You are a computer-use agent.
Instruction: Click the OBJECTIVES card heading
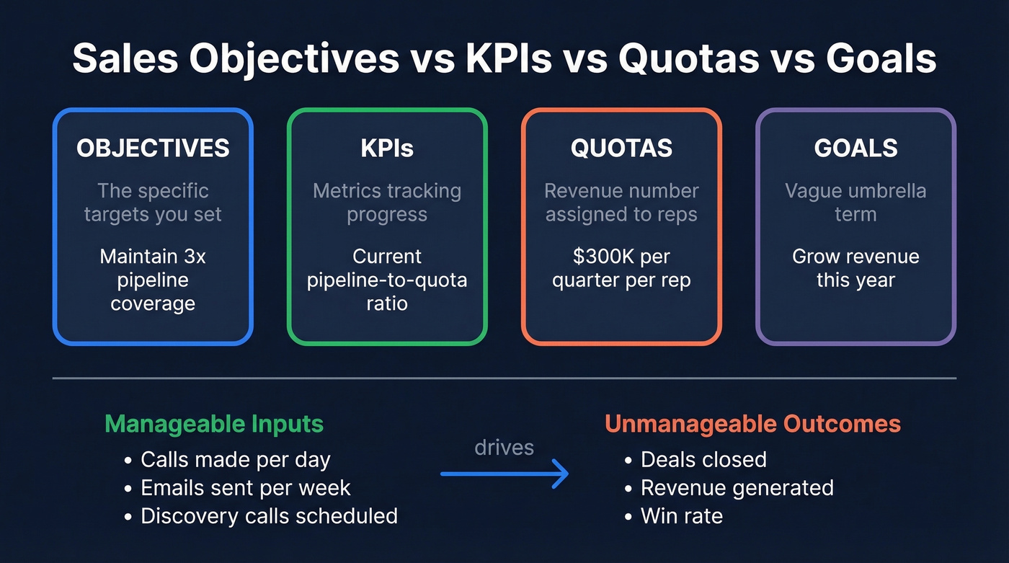click(x=153, y=148)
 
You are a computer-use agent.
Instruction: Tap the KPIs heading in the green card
click(x=387, y=148)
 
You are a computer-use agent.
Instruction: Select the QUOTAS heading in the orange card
click(x=621, y=148)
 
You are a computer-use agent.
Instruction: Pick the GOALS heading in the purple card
click(x=855, y=148)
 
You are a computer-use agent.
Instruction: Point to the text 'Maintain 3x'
click(x=153, y=257)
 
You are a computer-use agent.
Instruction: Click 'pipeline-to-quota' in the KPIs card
click(x=387, y=280)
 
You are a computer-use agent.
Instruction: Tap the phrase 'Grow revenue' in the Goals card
click(x=855, y=257)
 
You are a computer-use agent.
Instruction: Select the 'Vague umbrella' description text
click(x=855, y=191)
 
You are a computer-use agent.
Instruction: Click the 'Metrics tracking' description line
click(x=387, y=191)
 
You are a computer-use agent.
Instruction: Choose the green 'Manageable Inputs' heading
click(x=214, y=423)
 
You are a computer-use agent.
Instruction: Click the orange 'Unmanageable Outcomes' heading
click(x=752, y=423)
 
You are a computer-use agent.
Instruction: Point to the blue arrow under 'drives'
click(x=504, y=474)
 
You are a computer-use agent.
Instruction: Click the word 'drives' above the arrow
click(x=504, y=448)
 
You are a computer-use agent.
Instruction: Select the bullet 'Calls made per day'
click(x=235, y=459)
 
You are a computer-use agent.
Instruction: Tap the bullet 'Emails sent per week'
click(x=245, y=488)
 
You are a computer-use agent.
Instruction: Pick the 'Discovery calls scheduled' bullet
click(x=269, y=516)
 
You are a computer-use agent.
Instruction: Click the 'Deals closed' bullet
click(x=703, y=459)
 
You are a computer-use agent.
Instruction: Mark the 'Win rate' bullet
click(x=682, y=516)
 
